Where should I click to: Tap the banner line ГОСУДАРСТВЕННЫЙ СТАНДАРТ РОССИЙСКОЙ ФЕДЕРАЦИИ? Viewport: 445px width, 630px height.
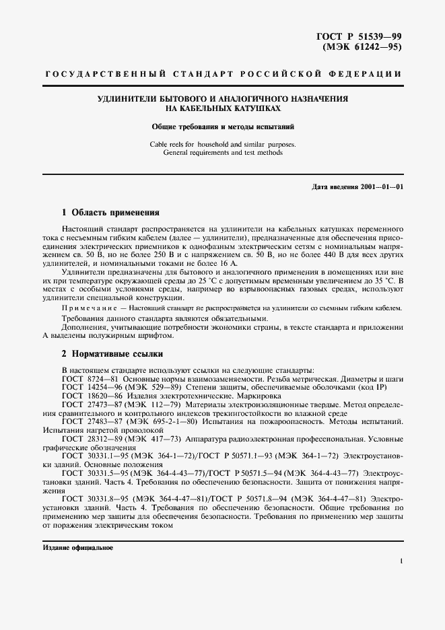222,73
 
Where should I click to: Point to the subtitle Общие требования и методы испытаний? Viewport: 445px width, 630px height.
222,127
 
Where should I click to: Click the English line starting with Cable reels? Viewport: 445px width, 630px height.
222,144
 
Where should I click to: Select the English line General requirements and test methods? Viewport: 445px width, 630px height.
222,153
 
